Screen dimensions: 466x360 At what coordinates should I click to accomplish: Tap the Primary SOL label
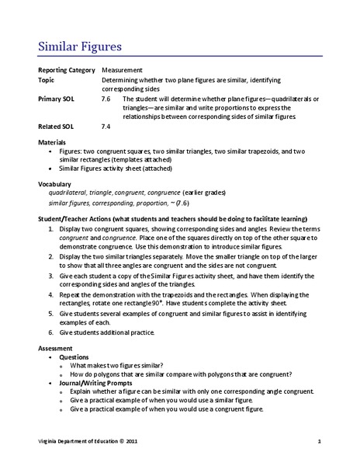point(57,99)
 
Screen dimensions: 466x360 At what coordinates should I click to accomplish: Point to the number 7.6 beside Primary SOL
point(106,99)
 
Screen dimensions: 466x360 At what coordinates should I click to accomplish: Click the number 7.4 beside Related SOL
point(106,125)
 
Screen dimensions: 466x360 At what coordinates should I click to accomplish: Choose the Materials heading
point(54,142)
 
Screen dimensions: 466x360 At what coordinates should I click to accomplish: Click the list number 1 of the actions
point(50,231)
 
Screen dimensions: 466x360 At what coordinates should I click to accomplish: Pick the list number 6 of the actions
point(50,332)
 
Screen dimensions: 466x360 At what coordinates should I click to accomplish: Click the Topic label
point(47,79)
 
